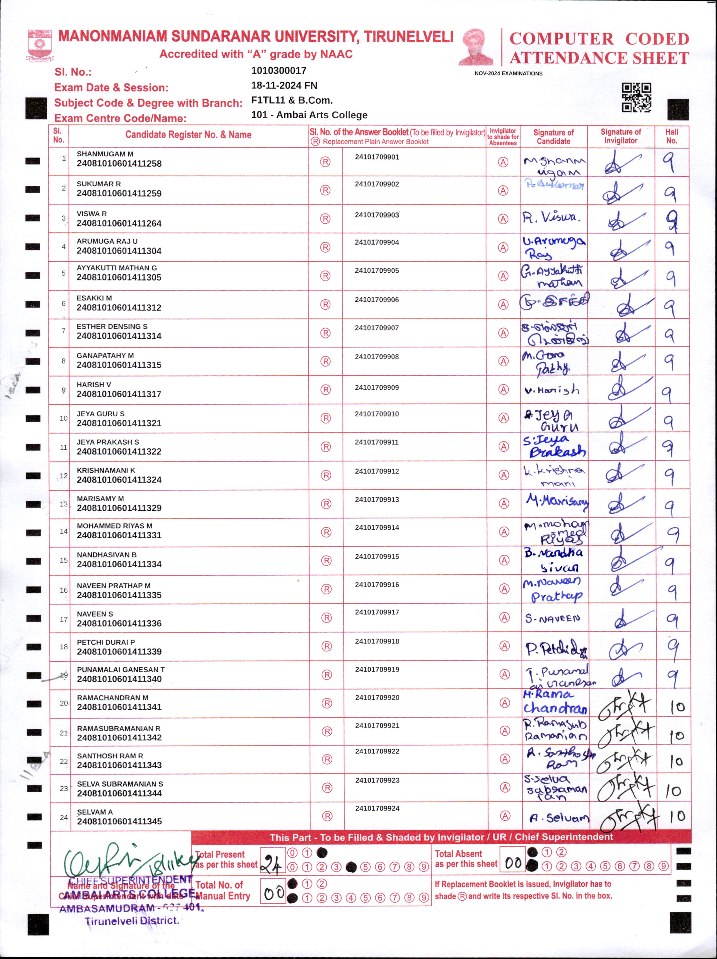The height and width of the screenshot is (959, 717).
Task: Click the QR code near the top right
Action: pyautogui.click(x=636, y=97)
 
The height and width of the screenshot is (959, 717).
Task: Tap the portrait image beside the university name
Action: pyautogui.click(x=477, y=47)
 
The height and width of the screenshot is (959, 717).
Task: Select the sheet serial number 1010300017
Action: pyautogui.click(x=279, y=71)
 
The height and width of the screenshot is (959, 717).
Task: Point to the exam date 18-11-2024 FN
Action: pyautogui.click(x=284, y=85)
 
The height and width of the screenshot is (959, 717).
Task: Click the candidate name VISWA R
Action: pyautogui.click(x=91, y=214)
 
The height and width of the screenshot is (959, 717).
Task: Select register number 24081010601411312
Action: pyautogui.click(x=119, y=307)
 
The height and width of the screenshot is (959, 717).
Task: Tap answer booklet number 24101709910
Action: pyautogui.click(x=377, y=414)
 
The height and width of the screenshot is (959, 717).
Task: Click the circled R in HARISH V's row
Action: pyautogui.click(x=325, y=390)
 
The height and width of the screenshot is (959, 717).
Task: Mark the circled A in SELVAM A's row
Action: pyautogui.click(x=505, y=816)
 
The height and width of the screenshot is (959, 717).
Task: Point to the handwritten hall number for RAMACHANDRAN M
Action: pyautogui.click(x=677, y=707)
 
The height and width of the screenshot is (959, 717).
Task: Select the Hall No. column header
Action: pyautogui.click(x=671, y=136)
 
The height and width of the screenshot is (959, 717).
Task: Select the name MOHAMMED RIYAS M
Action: pyautogui.click(x=115, y=526)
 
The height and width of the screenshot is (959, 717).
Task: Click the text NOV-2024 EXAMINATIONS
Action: pyautogui.click(x=508, y=74)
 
